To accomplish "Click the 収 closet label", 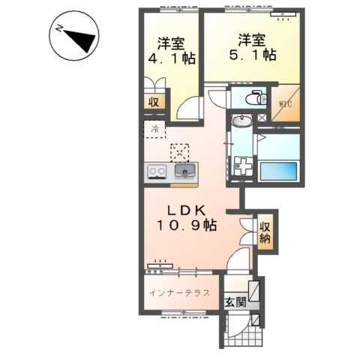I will [153, 103].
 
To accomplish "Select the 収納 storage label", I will [265, 232].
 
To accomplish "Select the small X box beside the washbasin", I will [261, 118].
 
